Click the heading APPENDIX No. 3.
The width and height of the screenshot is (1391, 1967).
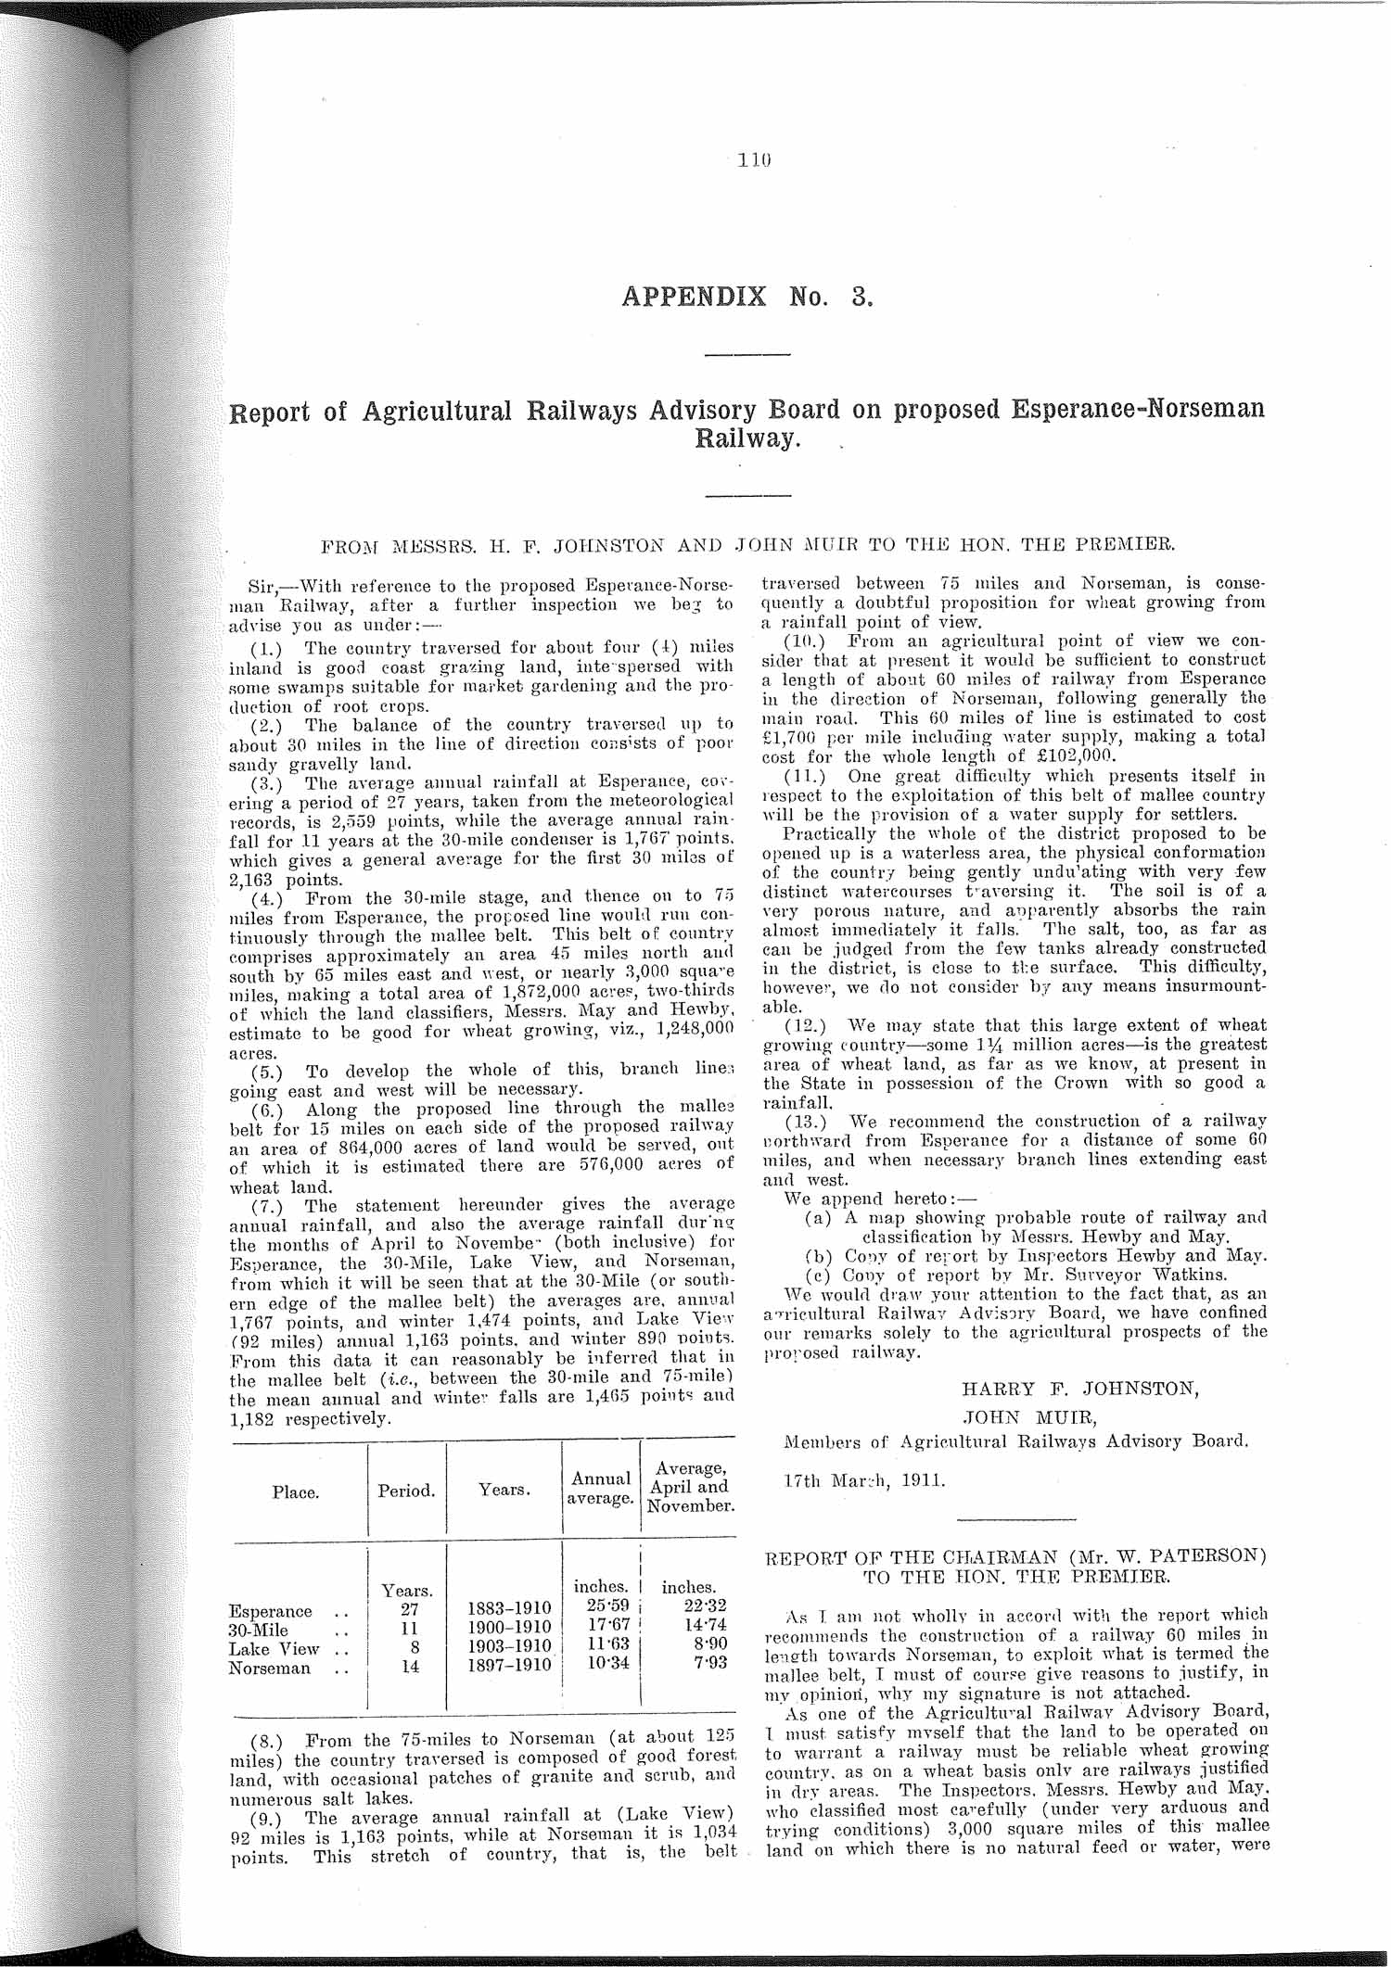pyautogui.click(x=747, y=298)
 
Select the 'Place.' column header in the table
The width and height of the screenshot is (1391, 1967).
pyautogui.click(x=296, y=1492)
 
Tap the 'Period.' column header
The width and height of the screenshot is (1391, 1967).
pyautogui.click(x=406, y=1491)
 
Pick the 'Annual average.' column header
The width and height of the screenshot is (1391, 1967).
pyautogui.click(x=600, y=1488)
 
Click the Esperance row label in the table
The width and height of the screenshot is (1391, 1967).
pyautogui.click(x=270, y=1611)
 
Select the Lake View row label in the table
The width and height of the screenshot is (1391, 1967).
pyautogui.click(x=274, y=1649)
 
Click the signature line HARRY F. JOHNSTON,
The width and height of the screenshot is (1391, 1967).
pyautogui.click(x=1080, y=1390)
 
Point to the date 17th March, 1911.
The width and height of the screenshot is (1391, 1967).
pyautogui.click(x=851, y=1480)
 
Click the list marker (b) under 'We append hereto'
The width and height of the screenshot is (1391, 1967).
pyautogui.click(x=818, y=1256)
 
